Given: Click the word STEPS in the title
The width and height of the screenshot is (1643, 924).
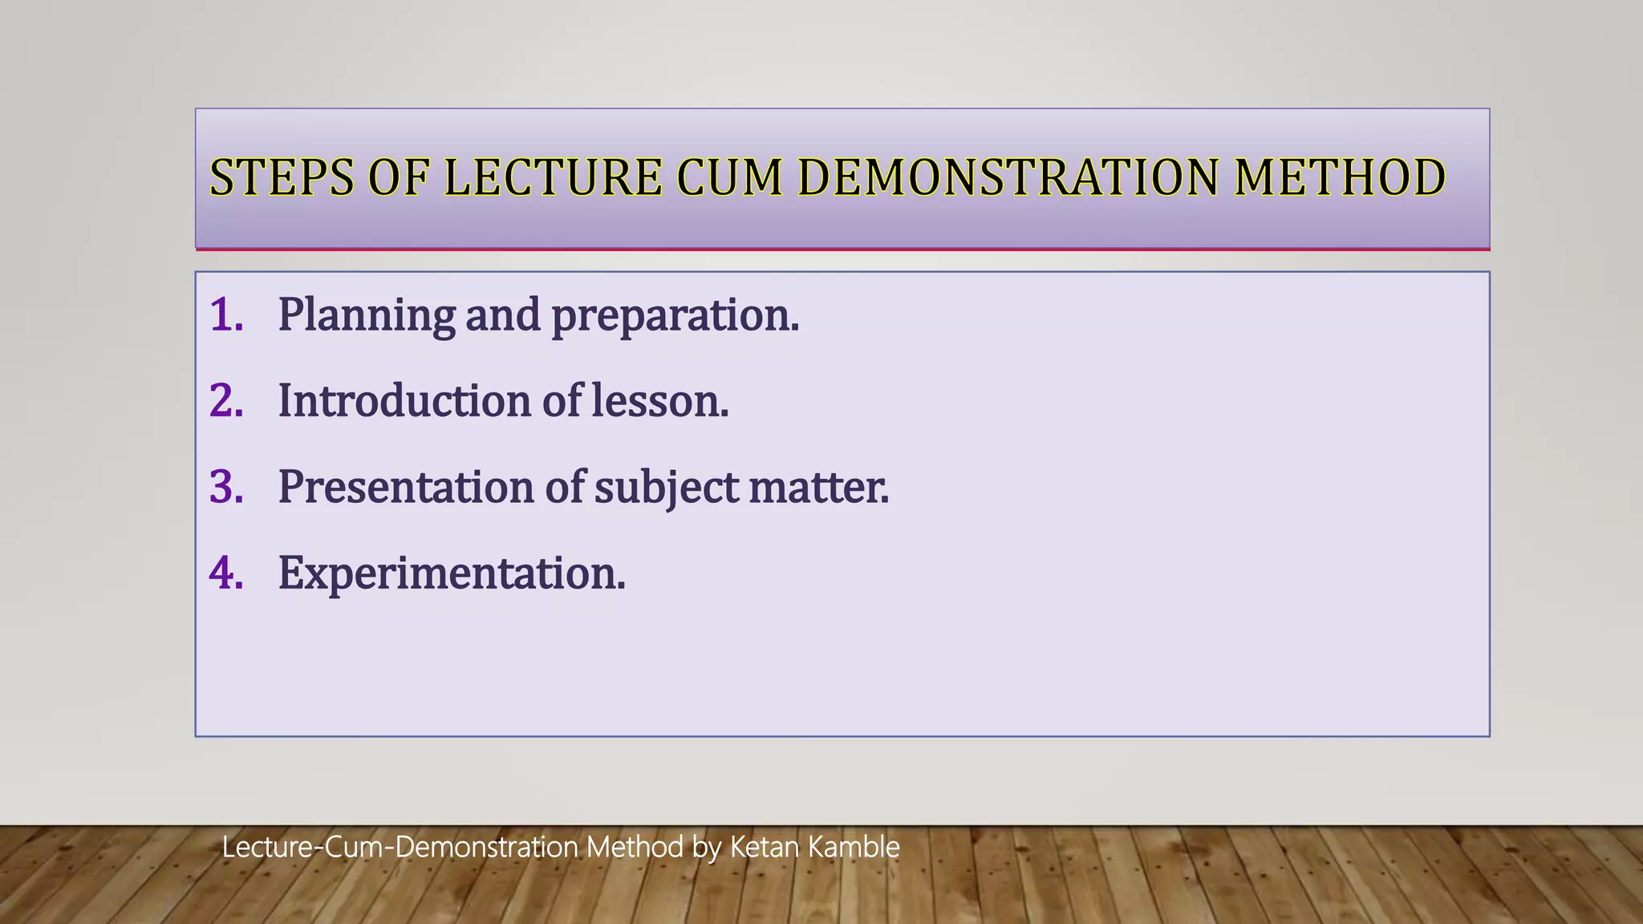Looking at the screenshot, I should coord(281,177).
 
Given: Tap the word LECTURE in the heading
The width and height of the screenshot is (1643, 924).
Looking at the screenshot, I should coord(553,177).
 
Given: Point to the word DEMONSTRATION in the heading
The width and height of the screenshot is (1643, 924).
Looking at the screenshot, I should coord(1008,177).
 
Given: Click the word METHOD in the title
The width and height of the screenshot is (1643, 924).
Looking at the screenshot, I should coord(1340,177).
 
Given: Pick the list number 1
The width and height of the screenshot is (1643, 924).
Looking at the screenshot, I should coord(225,314).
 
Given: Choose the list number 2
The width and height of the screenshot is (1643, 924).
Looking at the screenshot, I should coord(225,400).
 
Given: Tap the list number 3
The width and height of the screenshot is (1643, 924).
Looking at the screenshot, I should coord(225,487).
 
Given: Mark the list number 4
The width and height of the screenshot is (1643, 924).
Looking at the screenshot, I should coord(225,573).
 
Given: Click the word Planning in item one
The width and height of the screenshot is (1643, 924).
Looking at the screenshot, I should coord(367,314).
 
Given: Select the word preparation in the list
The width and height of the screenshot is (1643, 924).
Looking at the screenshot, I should coord(673,316).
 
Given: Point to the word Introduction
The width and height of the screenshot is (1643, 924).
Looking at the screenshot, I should coord(404,400).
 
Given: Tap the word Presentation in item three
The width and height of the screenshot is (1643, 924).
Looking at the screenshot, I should coord(406,487).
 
